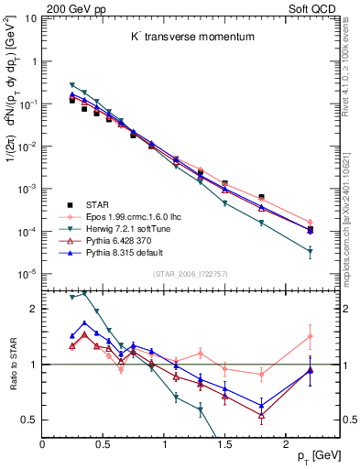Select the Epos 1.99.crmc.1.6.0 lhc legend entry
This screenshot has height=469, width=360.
(x=128, y=216)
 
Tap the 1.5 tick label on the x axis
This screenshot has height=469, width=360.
(x=224, y=445)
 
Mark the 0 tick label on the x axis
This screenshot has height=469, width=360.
(x=42, y=445)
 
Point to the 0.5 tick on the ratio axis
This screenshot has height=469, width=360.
(x=29, y=420)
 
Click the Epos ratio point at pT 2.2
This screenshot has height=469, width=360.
(x=310, y=336)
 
